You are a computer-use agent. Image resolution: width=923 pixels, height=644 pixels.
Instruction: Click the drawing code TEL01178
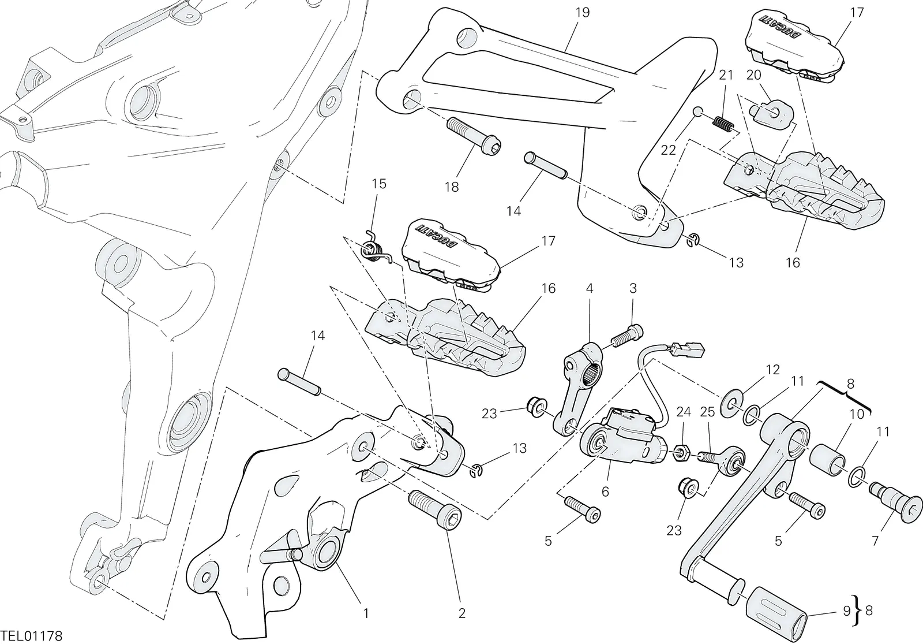tap(31, 635)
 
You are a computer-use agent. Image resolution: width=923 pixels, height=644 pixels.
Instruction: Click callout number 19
tap(582, 12)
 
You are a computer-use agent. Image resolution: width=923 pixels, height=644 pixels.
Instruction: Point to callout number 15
tap(379, 184)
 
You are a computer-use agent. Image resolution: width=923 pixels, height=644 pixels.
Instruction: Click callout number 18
tap(452, 187)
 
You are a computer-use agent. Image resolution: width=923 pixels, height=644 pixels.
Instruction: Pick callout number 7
tap(875, 541)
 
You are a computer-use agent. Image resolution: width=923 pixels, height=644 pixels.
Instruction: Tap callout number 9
tap(846, 611)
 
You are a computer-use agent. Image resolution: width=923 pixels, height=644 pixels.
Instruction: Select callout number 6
tap(605, 492)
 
